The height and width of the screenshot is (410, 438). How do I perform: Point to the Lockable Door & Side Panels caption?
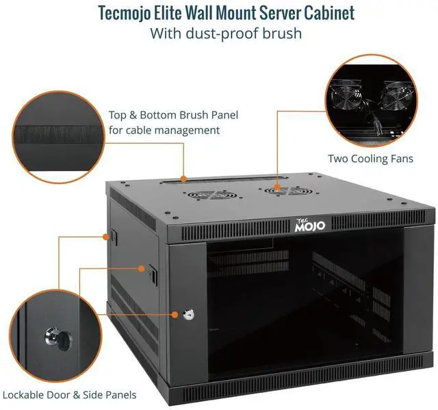[x=69, y=394]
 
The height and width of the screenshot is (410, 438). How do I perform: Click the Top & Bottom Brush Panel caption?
[x=173, y=115]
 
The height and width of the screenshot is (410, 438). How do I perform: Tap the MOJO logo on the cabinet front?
[x=314, y=225]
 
